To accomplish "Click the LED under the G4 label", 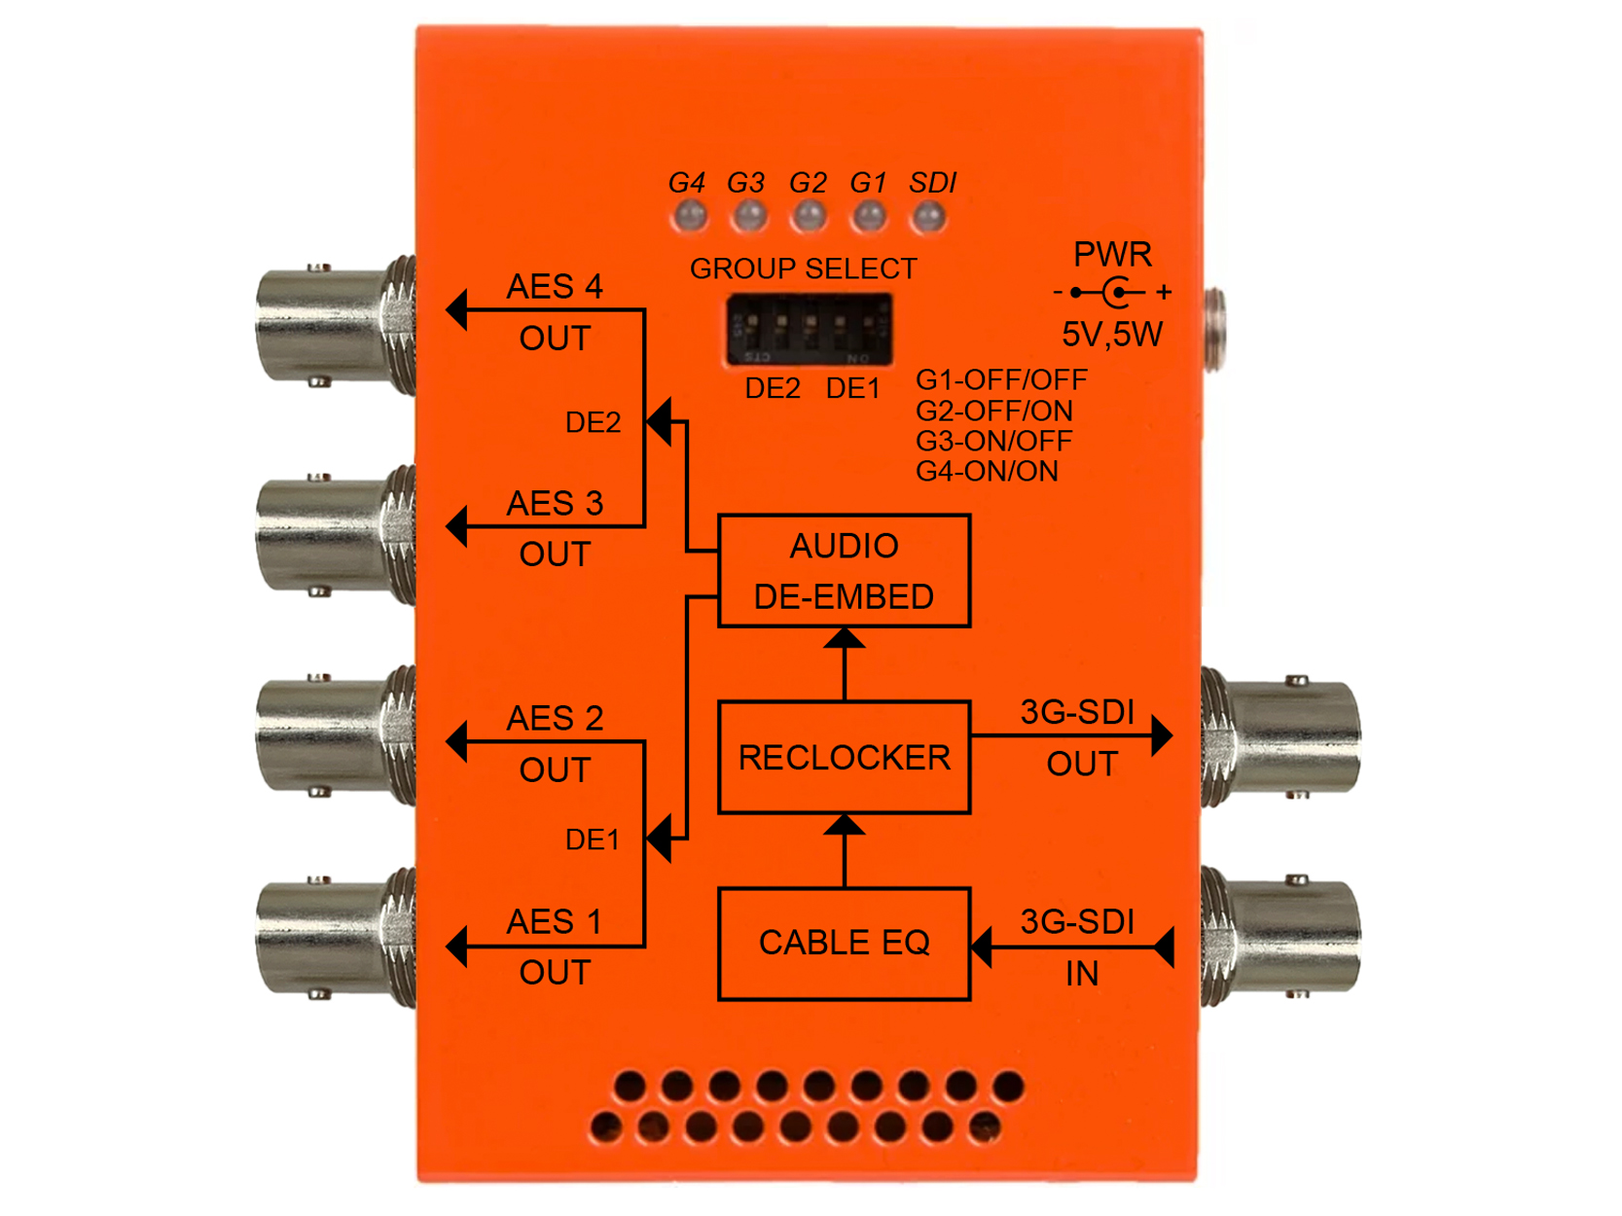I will [x=690, y=215].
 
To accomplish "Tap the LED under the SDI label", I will [x=929, y=216].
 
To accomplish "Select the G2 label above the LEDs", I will [x=808, y=183].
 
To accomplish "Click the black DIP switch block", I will [x=809, y=330].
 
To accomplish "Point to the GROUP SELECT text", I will [x=803, y=268].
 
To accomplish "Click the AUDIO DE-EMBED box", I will [x=844, y=571].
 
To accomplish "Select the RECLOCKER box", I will [x=844, y=757].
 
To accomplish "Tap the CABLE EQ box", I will [x=844, y=943].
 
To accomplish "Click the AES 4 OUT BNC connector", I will [x=331, y=325].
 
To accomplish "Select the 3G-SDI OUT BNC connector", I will [x=1284, y=736].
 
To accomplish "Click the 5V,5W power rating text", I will [x=1111, y=335].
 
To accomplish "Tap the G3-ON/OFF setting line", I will [x=993, y=441].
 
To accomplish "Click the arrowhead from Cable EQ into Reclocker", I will [x=844, y=826].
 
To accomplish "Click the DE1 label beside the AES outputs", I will [x=592, y=840].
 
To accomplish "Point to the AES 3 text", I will [x=555, y=504].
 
